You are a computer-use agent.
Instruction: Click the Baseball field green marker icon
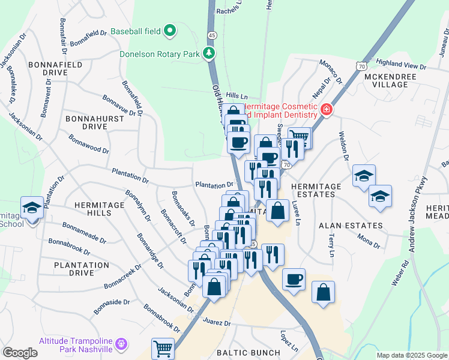(x=170, y=29)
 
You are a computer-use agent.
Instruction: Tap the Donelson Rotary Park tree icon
(x=209, y=54)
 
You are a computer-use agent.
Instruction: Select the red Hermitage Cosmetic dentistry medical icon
(x=326, y=110)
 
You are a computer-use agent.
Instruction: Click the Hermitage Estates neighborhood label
(x=316, y=191)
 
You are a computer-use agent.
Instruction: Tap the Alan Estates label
(x=351, y=226)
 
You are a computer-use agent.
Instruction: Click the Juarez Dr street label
(x=218, y=323)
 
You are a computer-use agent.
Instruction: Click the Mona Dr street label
(x=369, y=241)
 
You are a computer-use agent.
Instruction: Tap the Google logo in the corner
(x=20, y=353)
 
